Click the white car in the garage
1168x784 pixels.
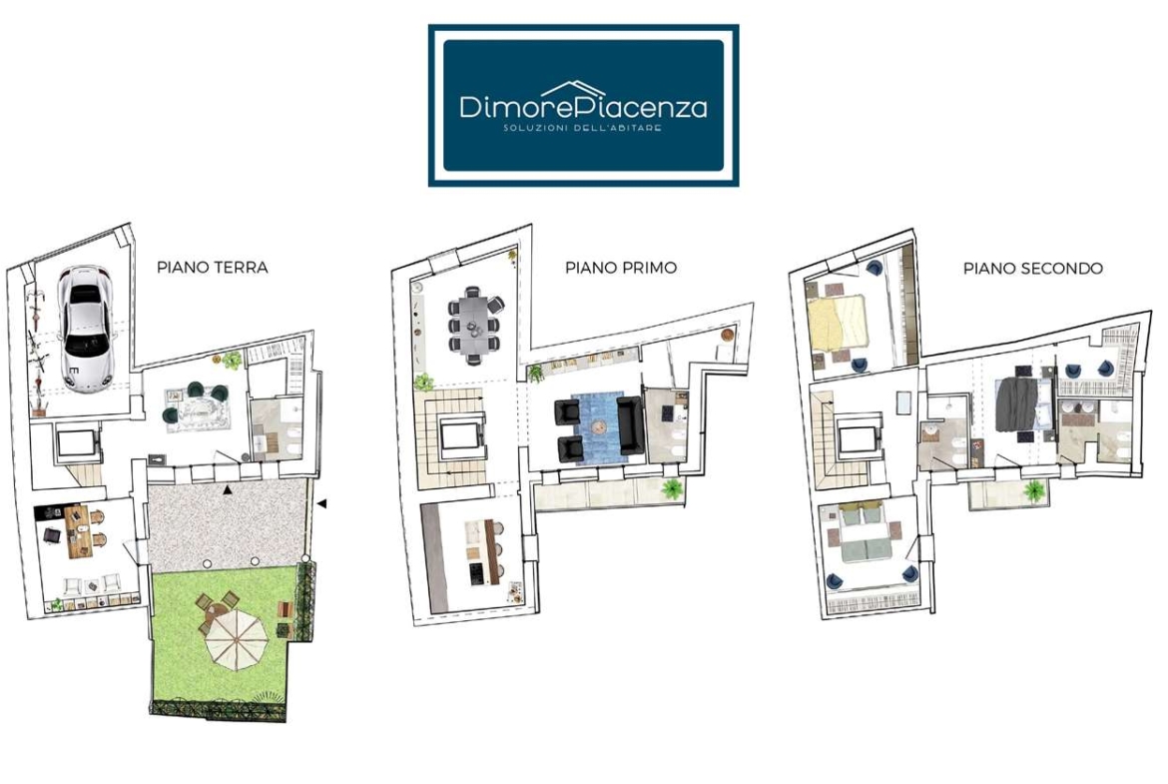pyautogui.click(x=87, y=328)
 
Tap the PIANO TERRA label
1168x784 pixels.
pyautogui.click(x=213, y=268)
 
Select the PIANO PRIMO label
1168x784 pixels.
pyautogui.click(x=621, y=268)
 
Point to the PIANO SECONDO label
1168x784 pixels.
pyautogui.click(x=1032, y=269)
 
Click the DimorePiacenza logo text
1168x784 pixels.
pyautogui.click(x=583, y=107)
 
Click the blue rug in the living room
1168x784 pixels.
pyautogui.click(x=598, y=428)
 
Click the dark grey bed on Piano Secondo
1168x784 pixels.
pyautogui.click(x=1016, y=404)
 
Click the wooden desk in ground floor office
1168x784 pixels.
pyautogui.click(x=77, y=531)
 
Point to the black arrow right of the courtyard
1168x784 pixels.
pyautogui.click(x=321, y=504)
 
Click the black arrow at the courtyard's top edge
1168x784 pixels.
pyautogui.click(x=228, y=489)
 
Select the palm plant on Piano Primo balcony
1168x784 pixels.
pyautogui.click(x=673, y=489)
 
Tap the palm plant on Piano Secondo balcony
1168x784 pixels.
pyautogui.click(x=1034, y=491)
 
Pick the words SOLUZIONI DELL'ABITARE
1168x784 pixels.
pyautogui.click(x=583, y=128)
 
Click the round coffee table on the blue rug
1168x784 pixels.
pyautogui.click(x=600, y=427)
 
